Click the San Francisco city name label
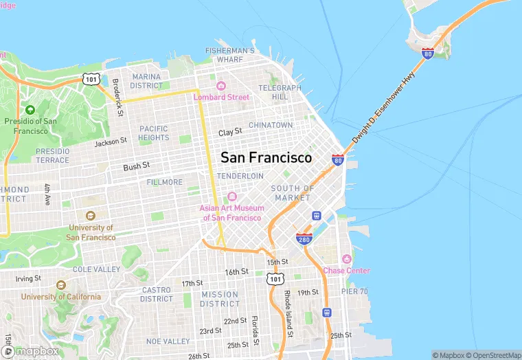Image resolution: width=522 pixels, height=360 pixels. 266,157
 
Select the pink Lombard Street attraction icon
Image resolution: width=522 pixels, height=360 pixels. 221,86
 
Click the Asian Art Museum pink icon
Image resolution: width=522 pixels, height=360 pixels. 232,197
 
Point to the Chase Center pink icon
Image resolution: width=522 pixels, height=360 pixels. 346,259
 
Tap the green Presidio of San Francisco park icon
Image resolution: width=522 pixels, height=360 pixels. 30,110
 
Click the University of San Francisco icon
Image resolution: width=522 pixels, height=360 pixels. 90,216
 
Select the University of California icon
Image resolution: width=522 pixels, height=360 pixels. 60,285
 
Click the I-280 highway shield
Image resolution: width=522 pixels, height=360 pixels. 304,238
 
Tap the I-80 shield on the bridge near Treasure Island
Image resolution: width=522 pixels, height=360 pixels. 428,53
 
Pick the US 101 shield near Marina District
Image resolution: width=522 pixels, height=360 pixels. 91,79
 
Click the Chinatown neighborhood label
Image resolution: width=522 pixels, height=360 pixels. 271,125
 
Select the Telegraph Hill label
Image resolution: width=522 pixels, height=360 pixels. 280,92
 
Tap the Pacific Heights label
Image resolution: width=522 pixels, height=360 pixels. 153,133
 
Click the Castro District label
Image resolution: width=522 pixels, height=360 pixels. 157,294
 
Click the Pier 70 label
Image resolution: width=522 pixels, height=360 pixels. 354,291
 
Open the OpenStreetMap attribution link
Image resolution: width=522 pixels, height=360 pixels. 493,355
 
